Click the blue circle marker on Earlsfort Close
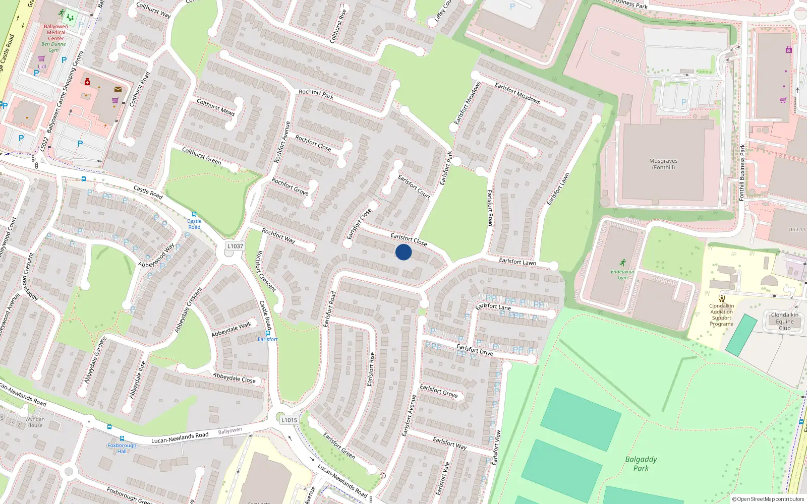point(403,252)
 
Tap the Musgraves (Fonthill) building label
point(663,164)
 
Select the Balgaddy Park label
point(641,464)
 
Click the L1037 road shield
point(235,246)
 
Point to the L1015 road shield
point(289,420)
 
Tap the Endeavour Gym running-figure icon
point(623,263)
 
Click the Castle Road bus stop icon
point(194,215)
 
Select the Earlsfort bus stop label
point(267,339)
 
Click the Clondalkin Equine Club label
point(784,322)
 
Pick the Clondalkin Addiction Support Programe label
point(721,315)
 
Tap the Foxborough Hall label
point(122,448)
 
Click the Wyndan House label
point(35,422)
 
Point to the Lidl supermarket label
point(42,67)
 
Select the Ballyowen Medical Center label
point(55,32)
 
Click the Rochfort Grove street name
point(290,186)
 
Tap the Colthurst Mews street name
point(215,107)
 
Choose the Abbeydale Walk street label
point(231,330)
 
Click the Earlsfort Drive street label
point(475,349)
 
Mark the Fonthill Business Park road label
point(742,172)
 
